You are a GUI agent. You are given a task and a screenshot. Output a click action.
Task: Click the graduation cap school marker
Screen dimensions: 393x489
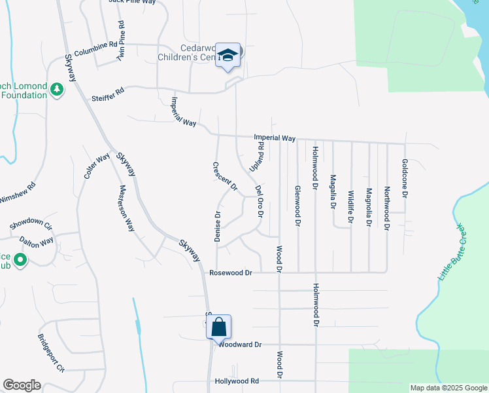coord(228,55)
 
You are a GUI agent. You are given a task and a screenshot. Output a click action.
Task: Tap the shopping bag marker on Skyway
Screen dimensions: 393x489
coord(219,327)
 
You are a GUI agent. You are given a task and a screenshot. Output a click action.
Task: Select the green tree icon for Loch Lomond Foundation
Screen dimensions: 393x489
coord(56,88)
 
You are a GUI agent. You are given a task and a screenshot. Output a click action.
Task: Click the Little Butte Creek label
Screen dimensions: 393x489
coord(450,252)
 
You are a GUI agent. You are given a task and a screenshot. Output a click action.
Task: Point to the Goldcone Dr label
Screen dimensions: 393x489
coord(405,178)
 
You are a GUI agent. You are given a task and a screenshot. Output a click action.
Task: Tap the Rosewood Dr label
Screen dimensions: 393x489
coord(231,272)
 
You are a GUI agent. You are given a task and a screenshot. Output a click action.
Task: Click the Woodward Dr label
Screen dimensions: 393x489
coord(240,345)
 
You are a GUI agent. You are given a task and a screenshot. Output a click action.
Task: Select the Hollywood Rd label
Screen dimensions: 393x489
coord(237,381)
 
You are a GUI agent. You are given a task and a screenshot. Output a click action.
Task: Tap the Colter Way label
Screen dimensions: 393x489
coord(96,166)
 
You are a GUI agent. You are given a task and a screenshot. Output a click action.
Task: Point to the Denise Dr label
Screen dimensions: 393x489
coord(218,227)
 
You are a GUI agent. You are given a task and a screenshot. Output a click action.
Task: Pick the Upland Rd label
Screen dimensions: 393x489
coord(256,158)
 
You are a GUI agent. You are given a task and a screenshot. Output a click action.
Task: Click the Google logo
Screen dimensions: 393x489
coord(22,385)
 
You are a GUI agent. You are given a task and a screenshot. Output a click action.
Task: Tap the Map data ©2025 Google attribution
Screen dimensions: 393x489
coord(448,388)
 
